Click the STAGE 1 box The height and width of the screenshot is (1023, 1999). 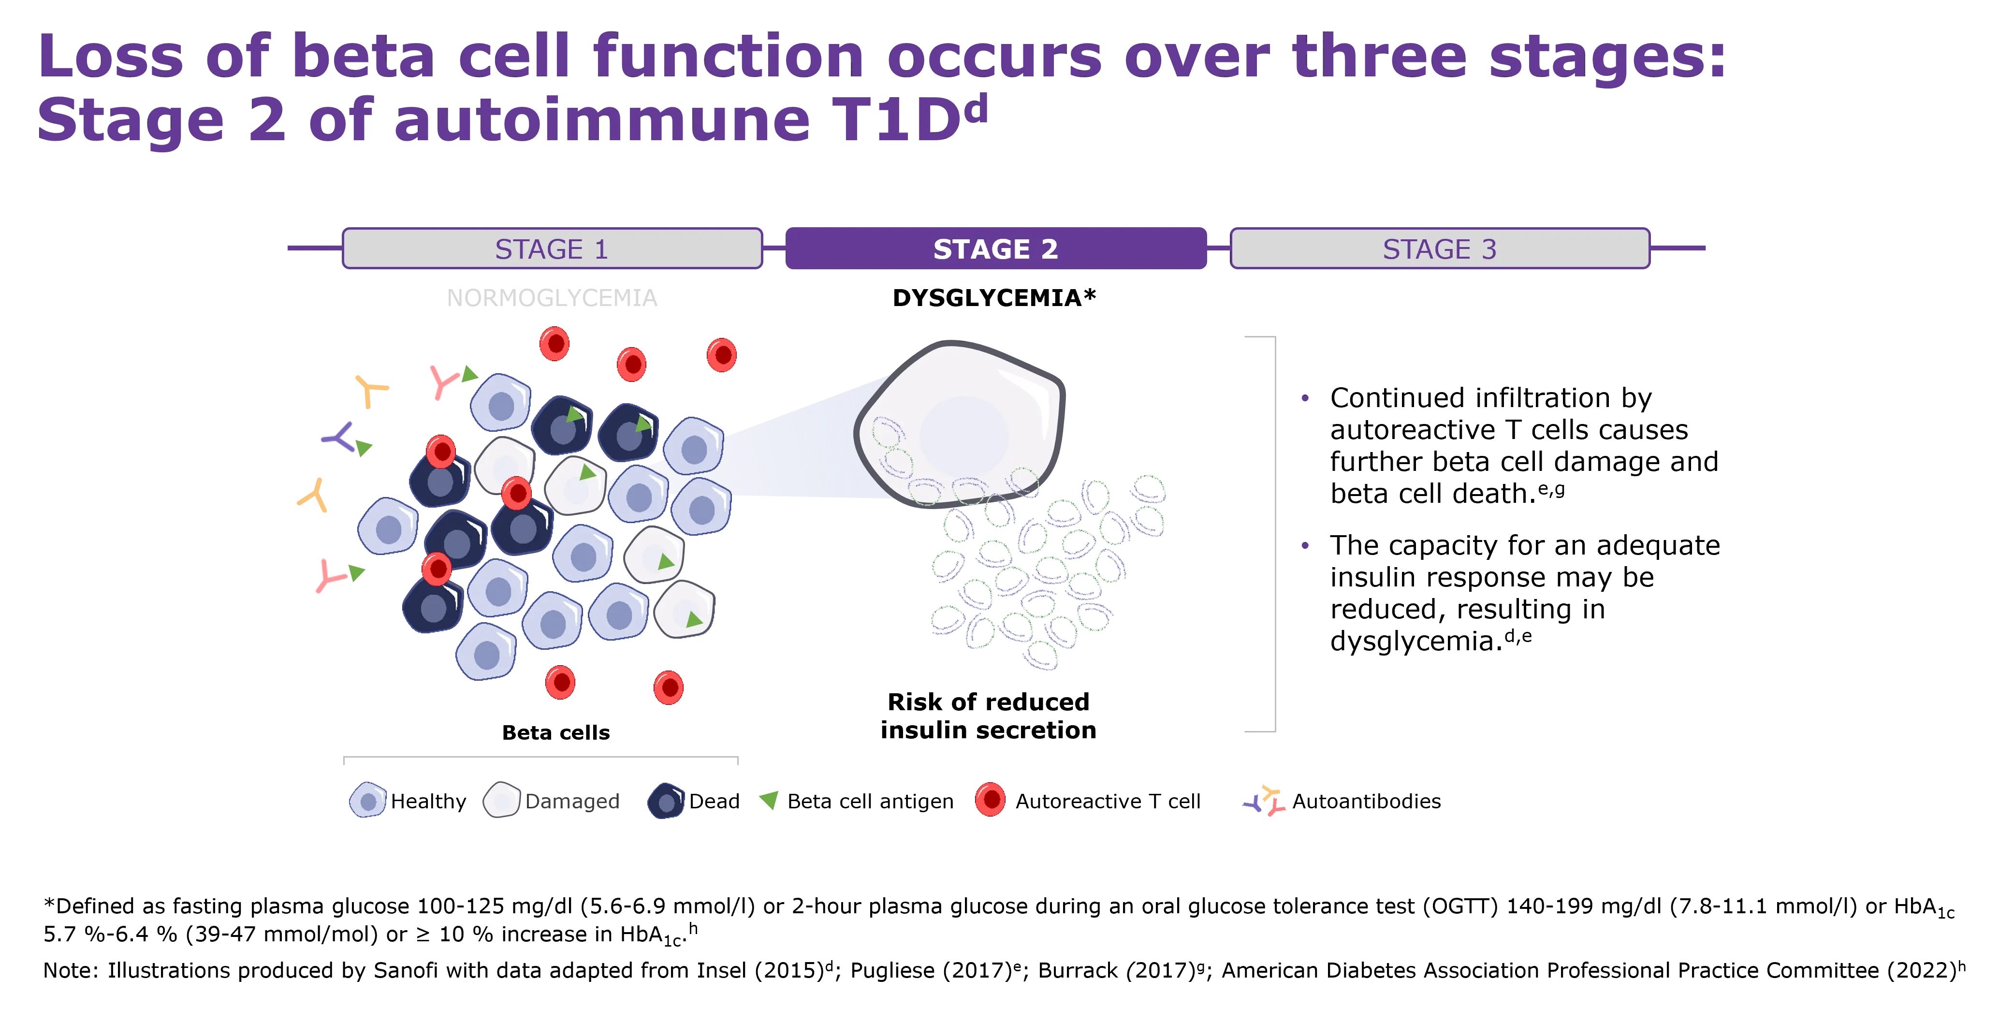pos(552,248)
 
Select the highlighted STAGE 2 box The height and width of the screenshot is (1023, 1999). pos(995,248)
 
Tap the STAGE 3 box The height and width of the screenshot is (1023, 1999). pos(1440,248)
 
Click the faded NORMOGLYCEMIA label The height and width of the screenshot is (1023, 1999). pos(552,298)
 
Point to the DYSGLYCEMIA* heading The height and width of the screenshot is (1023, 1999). pos(994,298)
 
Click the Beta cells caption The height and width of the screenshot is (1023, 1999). pos(555,733)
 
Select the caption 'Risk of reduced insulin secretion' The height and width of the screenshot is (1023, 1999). pos(988,716)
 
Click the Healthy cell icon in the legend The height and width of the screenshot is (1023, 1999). pos(368,800)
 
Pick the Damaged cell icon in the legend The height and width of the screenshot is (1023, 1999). pos(501,800)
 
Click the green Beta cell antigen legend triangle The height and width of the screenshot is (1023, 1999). pos(769,800)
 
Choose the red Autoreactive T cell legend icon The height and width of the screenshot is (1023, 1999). pos(990,800)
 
